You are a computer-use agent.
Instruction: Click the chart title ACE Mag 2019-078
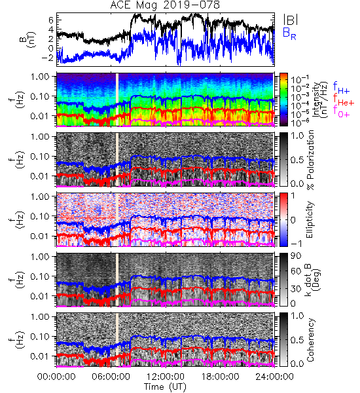[x=165, y=5]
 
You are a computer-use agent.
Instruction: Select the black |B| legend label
[x=291, y=19]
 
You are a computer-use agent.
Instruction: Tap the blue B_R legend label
[x=289, y=33]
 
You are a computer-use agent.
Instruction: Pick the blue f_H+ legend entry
[x=341, y=88]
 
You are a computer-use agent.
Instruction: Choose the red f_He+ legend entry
[x=343, y=100]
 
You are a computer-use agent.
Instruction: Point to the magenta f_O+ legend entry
[x=341, y=111]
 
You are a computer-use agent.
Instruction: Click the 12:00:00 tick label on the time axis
[x=166, y=377]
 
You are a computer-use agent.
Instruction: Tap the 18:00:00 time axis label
[x=220, y=377]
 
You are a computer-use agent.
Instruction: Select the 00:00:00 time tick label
[x=56, y=377]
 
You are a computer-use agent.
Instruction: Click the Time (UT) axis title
[x=166, y=386]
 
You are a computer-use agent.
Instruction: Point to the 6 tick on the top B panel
[x=51, y=20]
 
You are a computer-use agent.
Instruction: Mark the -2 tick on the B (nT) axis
[x=48, y=58]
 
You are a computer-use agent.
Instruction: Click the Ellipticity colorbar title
[x=310, y=219]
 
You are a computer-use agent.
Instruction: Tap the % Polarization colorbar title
[x=310, y=160]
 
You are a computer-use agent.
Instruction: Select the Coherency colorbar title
[x=310, y=340]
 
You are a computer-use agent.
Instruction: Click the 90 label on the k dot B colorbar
[x=296, y=255]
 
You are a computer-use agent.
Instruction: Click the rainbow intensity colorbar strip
[x=283, y=100]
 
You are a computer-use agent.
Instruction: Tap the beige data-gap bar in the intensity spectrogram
[x=117, y=100]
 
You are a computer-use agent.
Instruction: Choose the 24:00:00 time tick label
[x=274, y=377]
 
